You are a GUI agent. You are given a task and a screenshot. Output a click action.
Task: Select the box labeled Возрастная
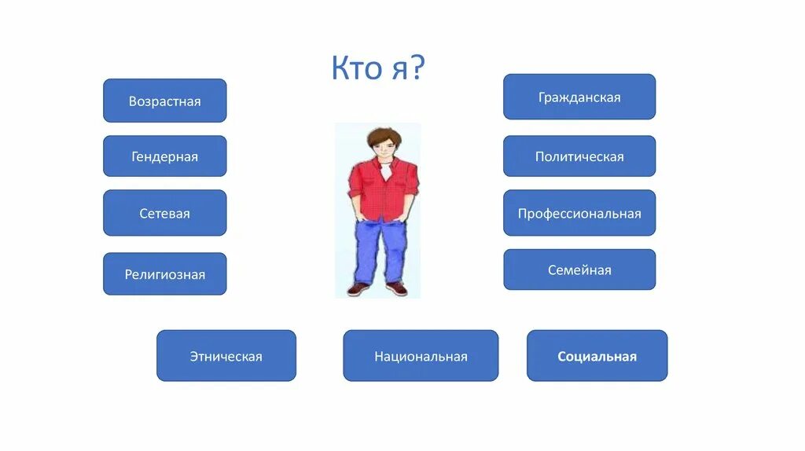tap(165, 101)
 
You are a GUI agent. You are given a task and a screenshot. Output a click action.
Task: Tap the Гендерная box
tap(165, 156)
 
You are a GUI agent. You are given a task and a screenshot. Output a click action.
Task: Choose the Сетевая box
tap(165, 213)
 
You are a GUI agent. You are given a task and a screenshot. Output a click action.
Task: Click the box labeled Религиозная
tap(165, 274)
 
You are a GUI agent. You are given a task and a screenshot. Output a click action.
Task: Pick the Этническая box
tap(226, 356)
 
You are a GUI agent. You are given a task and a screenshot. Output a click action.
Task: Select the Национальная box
tap(421, 356)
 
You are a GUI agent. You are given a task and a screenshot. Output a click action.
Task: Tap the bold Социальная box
tap(597, 356)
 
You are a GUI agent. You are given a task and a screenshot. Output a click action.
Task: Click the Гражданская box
tap(579, 97)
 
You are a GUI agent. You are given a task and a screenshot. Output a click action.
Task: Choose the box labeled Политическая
tap(579, 156)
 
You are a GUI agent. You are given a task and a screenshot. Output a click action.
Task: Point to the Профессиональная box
tap(579, 213)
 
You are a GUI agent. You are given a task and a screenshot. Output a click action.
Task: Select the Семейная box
tap(579, 269)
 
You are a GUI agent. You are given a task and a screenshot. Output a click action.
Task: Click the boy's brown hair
tap(382, 134)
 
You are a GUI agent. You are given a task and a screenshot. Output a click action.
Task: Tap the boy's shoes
tap(378, 288)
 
